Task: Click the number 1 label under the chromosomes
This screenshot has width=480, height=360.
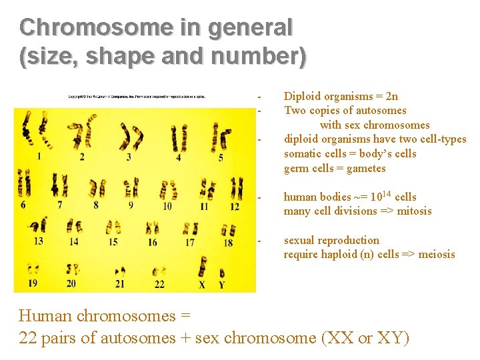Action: click(x=39, y=157)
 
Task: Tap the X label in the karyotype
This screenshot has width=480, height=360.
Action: click(x=202, y=284)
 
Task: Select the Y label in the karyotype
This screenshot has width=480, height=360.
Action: click(x=222, y=284)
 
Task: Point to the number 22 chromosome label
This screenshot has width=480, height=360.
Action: click(x=159, y=284)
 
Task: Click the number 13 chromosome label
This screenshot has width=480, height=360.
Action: click(x=39, y=241)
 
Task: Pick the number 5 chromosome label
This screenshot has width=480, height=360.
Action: click(x=221, y=157)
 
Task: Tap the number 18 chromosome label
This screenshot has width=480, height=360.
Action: click(x=227, y=243)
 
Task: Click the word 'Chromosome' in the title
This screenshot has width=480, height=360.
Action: click(x=87, y=27)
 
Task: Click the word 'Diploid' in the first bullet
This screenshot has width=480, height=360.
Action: click(x=303, y=97)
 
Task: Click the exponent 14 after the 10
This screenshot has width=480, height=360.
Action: click(x=385, y=192)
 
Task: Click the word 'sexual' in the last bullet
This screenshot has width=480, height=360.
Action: click(x=300, y=241)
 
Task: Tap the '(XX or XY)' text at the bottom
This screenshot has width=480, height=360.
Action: click(x=365, y=337)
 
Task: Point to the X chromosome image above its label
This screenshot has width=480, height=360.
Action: click(x=202, y=267)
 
